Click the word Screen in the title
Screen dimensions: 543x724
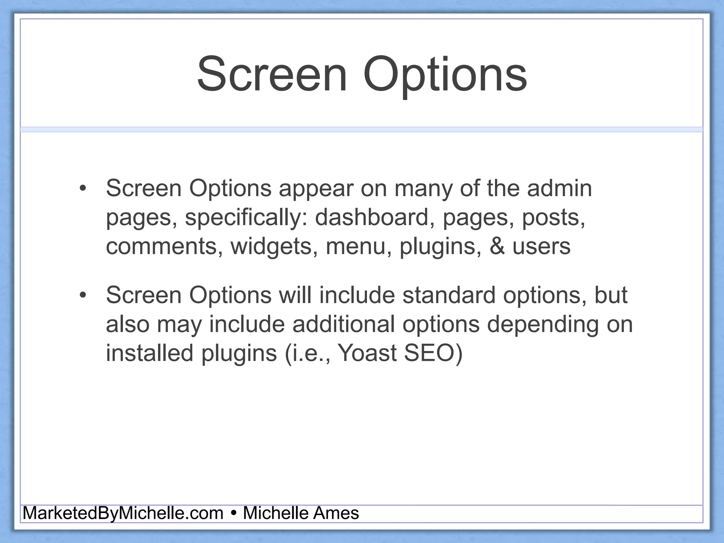pyautogui.click(x=272, y=75)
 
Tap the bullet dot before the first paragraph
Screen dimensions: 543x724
pyautogui.click(x=83, y=188)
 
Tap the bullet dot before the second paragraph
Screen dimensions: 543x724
pyautogui.click(x=83, y=295)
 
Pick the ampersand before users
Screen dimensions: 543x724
pyautogui.click(x=497, y=246)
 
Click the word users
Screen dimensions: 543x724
pyautogui.click(x=541, y=246)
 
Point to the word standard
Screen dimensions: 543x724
pyautogui.click(x=449, y=295)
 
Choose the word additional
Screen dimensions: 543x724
pyautogui.click(x=343, y=324)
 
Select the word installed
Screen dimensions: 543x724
pyautogui.click(x=150, y=353)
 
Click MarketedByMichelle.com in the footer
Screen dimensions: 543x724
pyautogui.click(x=123, y=513)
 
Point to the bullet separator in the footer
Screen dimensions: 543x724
pyautogui.click(x=233, y=513)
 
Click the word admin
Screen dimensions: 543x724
pyautogui.click(x=559, y=188)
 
